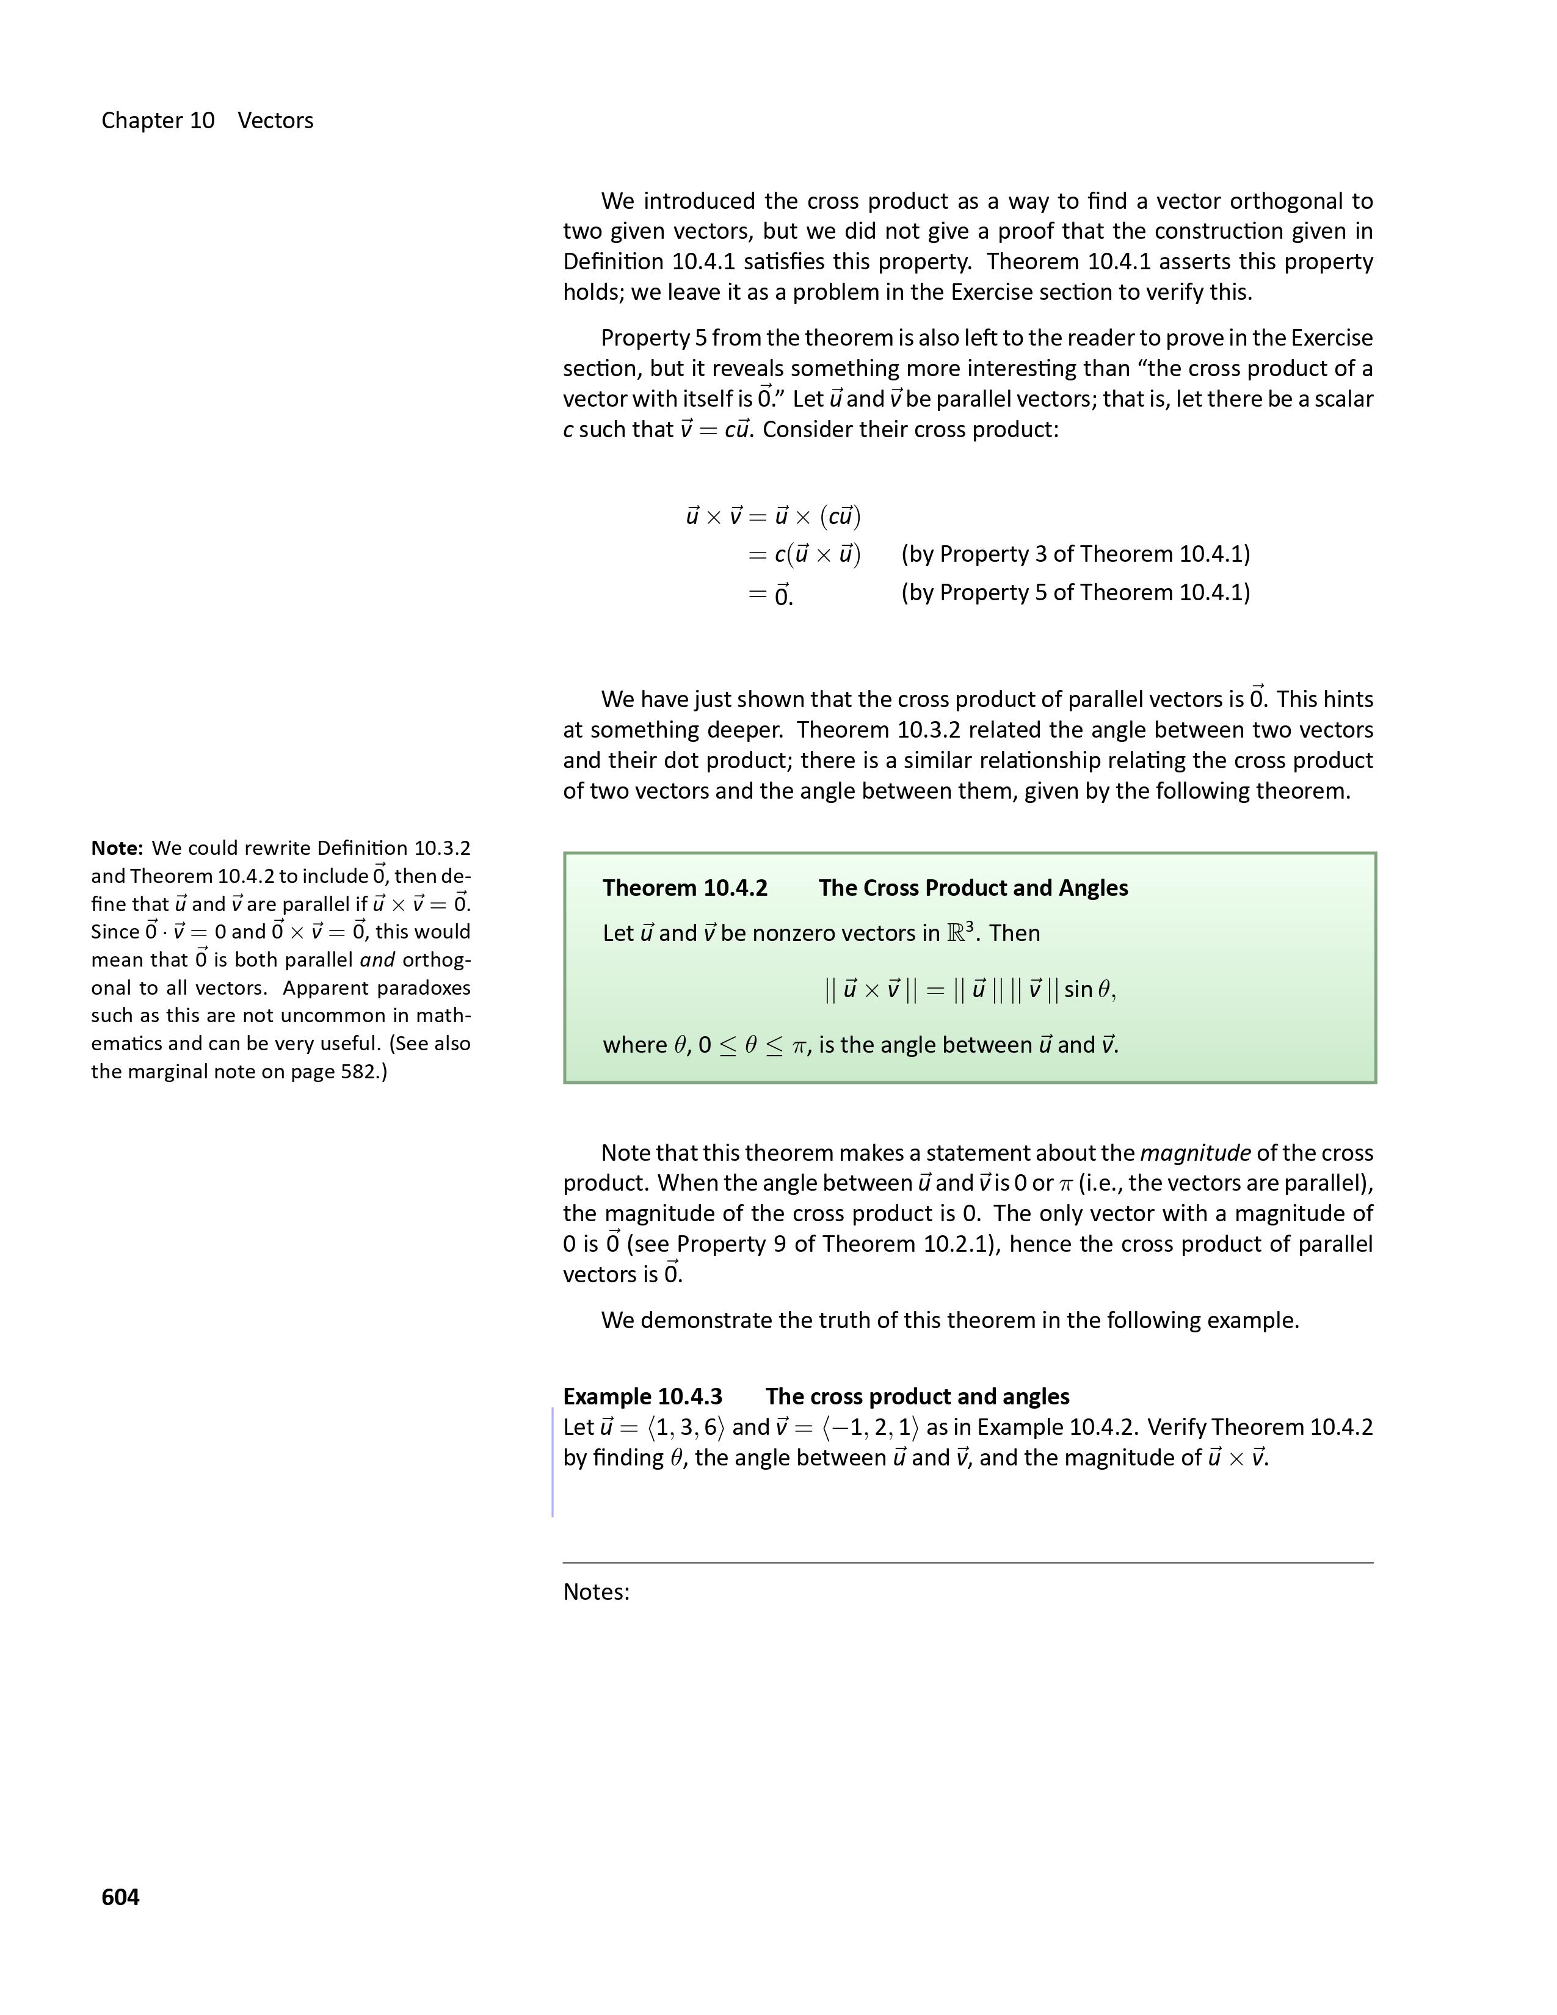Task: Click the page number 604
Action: [x=120, y=1897]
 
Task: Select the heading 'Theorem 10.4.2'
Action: [x=684, y=888]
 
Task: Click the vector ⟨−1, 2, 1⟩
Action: [x=870, y=1428]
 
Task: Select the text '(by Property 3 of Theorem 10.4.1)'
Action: [x=1075, y=554]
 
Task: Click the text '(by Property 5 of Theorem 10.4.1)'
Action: [x=1075, y=592]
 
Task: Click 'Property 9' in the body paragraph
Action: [x=730, y=1244]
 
